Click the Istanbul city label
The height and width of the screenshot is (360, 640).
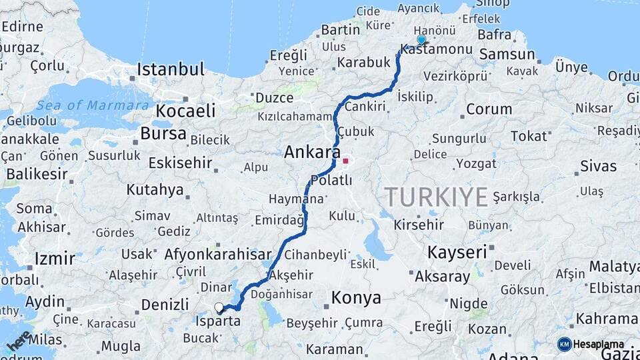(x=171, y=69)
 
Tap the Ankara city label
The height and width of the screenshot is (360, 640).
(x=312, y=152)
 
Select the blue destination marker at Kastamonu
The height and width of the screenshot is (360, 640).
(x=421, y=40)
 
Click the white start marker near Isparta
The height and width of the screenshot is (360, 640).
(x=219, y=307)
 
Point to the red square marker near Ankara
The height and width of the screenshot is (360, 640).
(x=345, y=160)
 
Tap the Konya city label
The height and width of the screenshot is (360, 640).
(x=356, y=297)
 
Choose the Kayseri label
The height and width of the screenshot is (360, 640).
(x=457, y=252)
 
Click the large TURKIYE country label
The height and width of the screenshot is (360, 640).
(x=437, y=197)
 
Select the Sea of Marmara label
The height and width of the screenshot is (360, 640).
(x=93, y=105)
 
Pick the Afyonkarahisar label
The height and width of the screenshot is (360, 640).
(x=218, y=254)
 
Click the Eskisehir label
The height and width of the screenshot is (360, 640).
(x=180, y=163)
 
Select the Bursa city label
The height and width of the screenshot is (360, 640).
(x=163, y=133)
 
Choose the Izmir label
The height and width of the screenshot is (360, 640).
(x=55, y=259)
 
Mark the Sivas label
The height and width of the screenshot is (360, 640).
(x=598, y=165)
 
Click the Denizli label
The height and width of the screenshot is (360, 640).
(x=165, y=305)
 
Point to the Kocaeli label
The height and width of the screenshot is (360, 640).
(x=186, y=111)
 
